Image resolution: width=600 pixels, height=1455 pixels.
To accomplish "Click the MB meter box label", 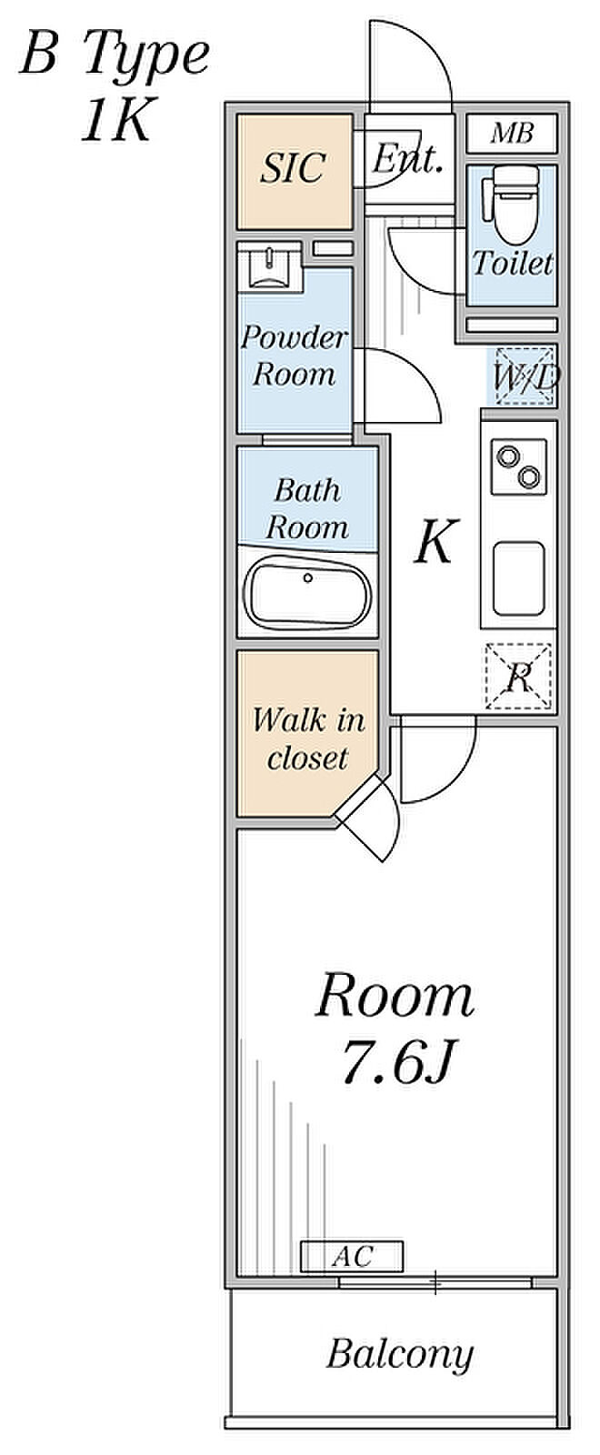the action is (x=511, y=134).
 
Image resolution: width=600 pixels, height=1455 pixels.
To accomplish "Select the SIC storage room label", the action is (x=293, y=168).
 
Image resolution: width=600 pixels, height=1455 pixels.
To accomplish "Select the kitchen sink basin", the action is (x=518, y=579).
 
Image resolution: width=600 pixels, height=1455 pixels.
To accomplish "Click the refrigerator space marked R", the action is (x=518, y=677).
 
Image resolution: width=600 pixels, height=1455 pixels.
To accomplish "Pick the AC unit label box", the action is (x=352, y=1257).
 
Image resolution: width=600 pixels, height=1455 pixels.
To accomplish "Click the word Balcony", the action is (x=399, y=1355).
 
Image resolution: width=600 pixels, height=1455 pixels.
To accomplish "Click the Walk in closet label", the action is (x=308, y=738).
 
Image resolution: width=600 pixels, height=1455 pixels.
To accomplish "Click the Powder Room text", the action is (x=293, y=356).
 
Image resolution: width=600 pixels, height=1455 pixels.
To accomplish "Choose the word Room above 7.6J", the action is (x=395, y=997).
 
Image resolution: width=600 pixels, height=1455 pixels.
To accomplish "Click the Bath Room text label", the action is (x=307, y=508).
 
